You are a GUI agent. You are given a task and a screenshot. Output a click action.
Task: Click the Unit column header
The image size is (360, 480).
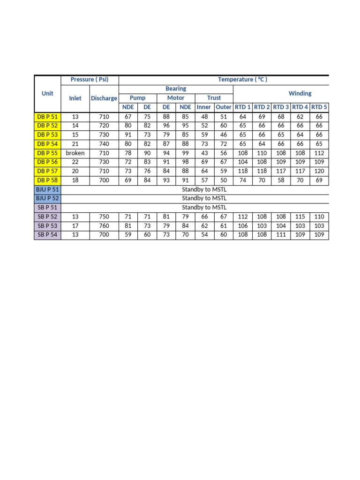pyautogui.click(x=47, y=93)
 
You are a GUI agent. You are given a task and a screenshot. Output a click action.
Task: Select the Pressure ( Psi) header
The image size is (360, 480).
pyautogui.click(x=90, y=79)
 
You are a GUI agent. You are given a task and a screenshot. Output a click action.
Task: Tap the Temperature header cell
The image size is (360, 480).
pyautogui.click(x=242, y=79)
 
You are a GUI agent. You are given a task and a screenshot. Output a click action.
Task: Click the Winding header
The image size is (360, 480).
pyautogui.click(x=300, y=93)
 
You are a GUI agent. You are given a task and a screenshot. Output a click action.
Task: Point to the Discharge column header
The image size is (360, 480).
pyautogui.click(x=104, y=98)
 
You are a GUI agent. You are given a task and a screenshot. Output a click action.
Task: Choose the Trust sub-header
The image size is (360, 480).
pyautogui.click(x=214, y=98)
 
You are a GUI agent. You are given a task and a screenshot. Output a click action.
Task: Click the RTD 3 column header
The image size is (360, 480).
pyautogui.click(x=281, y=107)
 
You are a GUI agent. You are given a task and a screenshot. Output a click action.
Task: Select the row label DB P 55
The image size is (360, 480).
pyautogui.click(x=47, y=153)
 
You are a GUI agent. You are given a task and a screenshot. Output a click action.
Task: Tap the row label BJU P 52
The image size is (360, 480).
pyautogui.click(x=47, y=198)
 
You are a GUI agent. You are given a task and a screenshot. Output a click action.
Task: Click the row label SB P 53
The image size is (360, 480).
pyautogui.click(x=47, y=225)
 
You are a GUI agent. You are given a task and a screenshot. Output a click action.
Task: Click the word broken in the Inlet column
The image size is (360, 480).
pyautogui.click(x=75, y=153)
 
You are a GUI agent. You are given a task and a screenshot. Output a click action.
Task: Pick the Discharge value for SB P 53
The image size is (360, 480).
pyautogui.click(x=104, y=225)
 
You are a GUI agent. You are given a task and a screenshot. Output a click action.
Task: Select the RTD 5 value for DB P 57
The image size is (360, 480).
pyautogui.click(x=319, y=171)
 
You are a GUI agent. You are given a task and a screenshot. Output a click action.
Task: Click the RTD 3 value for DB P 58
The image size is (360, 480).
pyautogui.click(x=281, y=180)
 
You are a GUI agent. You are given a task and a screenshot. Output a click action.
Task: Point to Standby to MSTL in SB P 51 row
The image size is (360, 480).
pyautogui.click(x=204, y=207)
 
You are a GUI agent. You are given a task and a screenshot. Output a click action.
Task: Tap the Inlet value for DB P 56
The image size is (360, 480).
pyautogui.click(x=75, y=162)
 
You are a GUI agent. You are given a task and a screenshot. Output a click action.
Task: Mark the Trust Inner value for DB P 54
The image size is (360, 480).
pyautogui.click(x=204, y=144)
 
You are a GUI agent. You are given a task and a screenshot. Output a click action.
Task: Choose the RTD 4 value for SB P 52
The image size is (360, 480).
pyautogui.click(x=300, y=217)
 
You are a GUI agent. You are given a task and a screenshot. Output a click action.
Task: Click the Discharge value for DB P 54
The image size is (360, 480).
pyautogui.click(x=104, y=144)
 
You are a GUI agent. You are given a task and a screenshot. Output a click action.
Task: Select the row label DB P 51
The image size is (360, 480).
pyautogui.click(x=47, y=117)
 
